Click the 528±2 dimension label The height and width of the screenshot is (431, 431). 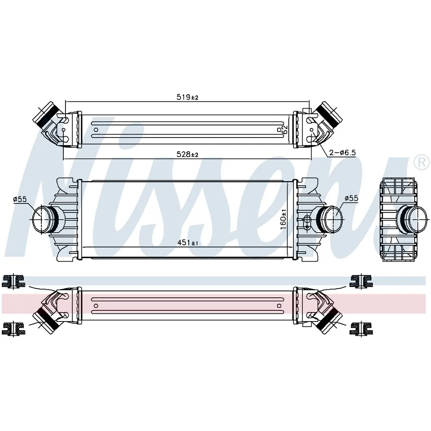[187, 154]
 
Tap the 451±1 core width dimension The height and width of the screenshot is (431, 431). [188, 242]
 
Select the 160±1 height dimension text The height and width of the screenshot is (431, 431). [284, 219]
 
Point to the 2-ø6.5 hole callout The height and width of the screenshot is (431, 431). [343, 152]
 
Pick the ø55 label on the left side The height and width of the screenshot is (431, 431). [20, 199]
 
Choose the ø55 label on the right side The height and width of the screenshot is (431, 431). [352, 198]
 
